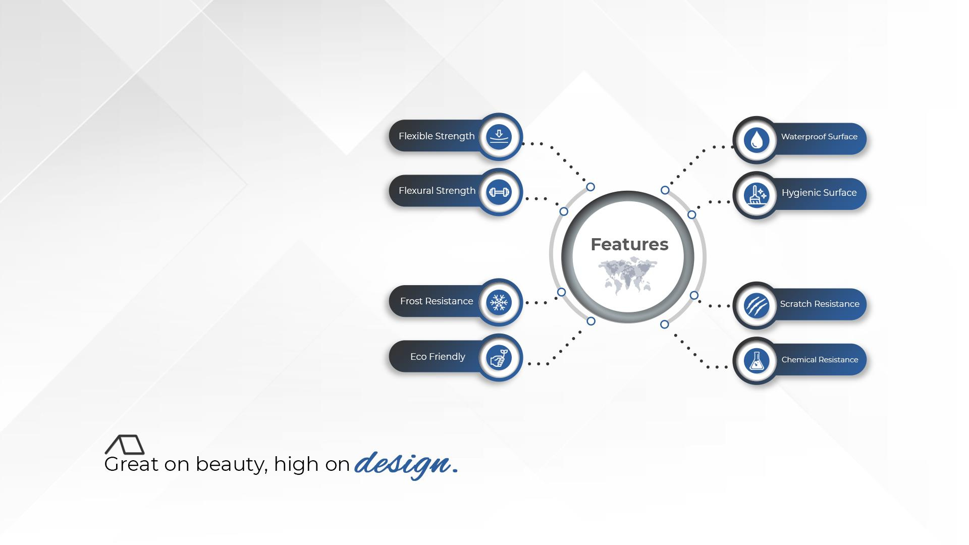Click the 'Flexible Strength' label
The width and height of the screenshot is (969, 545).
[437, 136]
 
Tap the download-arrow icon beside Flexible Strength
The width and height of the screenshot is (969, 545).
[499, 136]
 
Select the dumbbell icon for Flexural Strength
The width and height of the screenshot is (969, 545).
[499, 192]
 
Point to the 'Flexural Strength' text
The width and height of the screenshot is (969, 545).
[437, 191]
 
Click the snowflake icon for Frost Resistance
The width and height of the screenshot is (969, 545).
[499, 302]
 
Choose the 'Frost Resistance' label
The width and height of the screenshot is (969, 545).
[437, 301]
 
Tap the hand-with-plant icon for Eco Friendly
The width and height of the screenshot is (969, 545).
[499, 358]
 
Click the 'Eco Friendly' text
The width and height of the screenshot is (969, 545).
[438, 357]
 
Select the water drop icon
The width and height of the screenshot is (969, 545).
[756, 140]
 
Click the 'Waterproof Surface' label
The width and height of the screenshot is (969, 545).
[819, 137]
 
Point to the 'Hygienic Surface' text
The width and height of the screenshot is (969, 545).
[819, 193]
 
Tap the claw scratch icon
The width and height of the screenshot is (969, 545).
[756, 305]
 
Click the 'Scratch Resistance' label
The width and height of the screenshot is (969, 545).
[820, 304]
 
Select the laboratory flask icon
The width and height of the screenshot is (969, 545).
[756, 361]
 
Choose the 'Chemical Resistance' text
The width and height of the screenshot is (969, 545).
[820, 360]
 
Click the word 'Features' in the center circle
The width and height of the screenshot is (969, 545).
[629, 244]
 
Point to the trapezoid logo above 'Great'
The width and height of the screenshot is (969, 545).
[125, 445]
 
